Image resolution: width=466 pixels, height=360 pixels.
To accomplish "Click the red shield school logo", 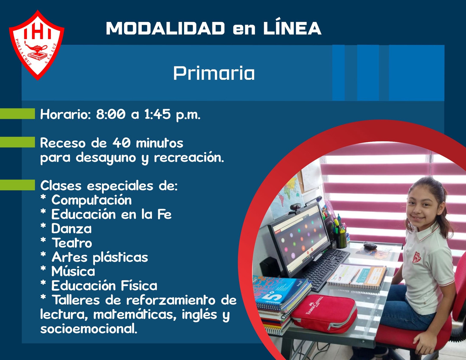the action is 37,45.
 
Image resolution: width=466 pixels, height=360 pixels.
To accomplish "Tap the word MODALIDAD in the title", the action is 165,28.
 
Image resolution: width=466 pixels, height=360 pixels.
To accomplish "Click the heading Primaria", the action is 214,73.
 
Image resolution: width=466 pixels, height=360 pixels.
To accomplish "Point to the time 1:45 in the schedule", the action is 157,114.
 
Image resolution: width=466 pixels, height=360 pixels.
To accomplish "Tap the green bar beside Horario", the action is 17,114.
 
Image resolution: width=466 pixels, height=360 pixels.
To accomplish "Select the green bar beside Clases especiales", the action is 17,185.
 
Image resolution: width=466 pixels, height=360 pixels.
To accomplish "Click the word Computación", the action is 92,200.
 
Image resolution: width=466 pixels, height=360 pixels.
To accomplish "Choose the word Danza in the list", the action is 71,228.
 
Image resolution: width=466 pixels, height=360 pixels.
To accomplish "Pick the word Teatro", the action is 72,243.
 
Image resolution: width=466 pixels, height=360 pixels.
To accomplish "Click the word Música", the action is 73,271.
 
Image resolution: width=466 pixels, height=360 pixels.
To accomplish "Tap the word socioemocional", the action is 89,329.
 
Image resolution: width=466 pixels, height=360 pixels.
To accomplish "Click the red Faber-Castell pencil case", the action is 324,313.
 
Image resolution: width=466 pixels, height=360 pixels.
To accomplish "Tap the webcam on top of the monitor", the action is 295,207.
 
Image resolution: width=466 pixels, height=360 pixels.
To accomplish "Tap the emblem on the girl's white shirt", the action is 417,257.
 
